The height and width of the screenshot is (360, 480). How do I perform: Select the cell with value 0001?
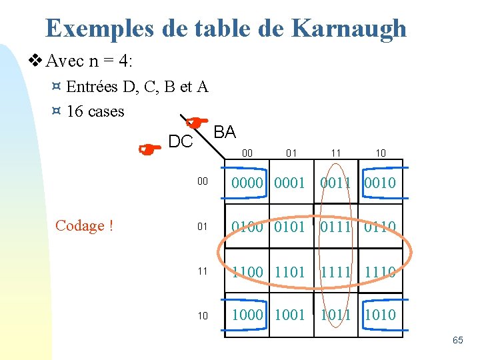pyautogui.click(x=289, y=183)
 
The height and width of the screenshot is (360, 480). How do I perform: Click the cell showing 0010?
pyautogui.click(x=380, y=183)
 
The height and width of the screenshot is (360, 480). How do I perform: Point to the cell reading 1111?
pyautogui.click(x=335, y=272)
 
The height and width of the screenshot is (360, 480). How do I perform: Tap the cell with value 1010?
pyautogui.click(x=380, y=315)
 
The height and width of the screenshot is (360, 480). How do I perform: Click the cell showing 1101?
pyautogui.click(x=289, y=272)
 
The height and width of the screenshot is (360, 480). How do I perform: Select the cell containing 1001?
pyautogui.click(x=289, y=315)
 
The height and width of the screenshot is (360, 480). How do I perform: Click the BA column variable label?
pyautogui.click(x=225, y=132)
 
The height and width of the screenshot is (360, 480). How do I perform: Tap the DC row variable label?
pyautogui.click(x=181, y=141)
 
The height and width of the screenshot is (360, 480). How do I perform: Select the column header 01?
pyautogui.click(x=291, y=153)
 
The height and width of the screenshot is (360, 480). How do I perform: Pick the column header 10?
pyautogui.click(x=380, y=153)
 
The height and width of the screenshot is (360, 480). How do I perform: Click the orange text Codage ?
pyautogui.click(x=84, y=226)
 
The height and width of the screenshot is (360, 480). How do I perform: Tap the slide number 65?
pyautogui.click(x=457, y=341)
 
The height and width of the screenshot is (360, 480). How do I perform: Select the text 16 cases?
pyautogui.click(x=95, y=111)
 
